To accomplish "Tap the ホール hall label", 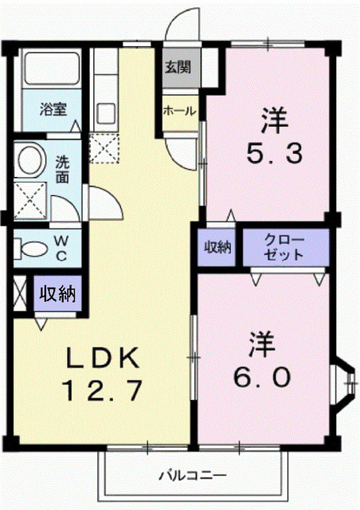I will pyautogui.click(x=178, y=112).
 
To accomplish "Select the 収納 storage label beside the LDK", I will pyautogui.click(x=57, y=292).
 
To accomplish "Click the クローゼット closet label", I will pyautogui.click(x=284, y=247).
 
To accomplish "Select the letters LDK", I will pyautogui.click(x=101, y=357).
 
